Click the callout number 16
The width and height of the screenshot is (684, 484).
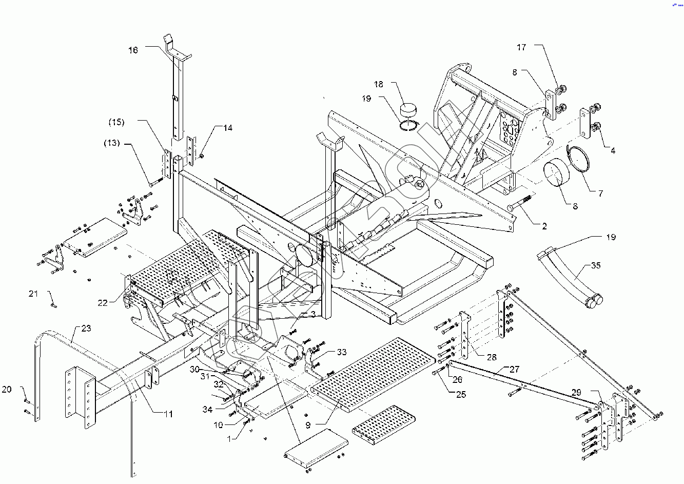[x=133, y=50]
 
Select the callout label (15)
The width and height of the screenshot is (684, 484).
[x=116, y=122]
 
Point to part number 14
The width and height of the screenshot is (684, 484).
[x=227, y=128]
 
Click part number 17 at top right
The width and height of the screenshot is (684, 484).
[x=521, y=47]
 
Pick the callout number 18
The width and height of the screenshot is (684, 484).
[x=379, y=84]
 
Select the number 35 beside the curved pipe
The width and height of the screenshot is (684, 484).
[x=596, y=265]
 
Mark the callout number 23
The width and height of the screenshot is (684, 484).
[x=86, y=328]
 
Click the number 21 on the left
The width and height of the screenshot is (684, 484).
[x=33, y=294]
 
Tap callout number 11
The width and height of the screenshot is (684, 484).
[x=168, y=414]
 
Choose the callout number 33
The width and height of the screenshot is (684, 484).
[x=342, y=352]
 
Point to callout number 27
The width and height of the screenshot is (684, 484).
[x=515, y=369]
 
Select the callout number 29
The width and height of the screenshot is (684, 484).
[x=576, y=392]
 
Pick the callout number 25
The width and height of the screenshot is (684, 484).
[x=461, y=394]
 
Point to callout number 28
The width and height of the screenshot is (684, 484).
[x=492, y=357]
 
